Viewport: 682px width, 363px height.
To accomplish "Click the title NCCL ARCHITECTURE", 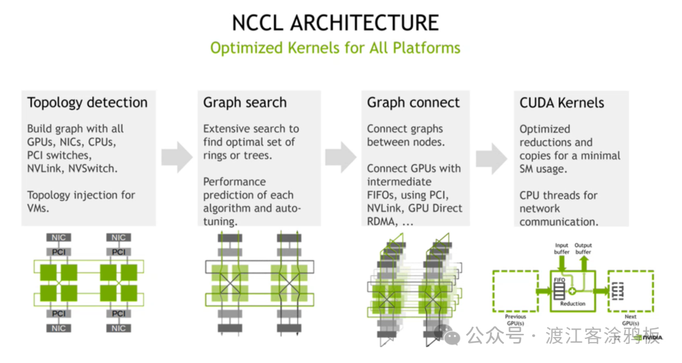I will (335, 23).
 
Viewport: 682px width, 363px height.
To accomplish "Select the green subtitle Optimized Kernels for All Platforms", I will (335, 48).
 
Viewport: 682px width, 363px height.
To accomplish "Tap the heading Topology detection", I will (87, 102).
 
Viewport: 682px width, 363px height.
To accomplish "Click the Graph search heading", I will (245, 102).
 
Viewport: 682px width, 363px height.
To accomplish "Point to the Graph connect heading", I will (414, 102).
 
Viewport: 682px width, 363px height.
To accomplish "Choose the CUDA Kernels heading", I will (562, 102).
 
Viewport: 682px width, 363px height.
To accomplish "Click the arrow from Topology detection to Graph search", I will (177, 157).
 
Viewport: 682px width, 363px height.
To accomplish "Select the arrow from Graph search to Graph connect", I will (341, 157).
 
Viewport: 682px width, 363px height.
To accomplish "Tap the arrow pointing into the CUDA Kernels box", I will (491, 157).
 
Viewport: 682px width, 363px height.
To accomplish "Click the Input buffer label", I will (561, 249).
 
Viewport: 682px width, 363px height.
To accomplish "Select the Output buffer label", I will (583, 249).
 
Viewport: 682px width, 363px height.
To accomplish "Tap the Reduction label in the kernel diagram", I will (573, 304).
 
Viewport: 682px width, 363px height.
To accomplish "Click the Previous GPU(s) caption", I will (515, 320).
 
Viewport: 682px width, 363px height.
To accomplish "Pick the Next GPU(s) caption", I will (630, 320).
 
